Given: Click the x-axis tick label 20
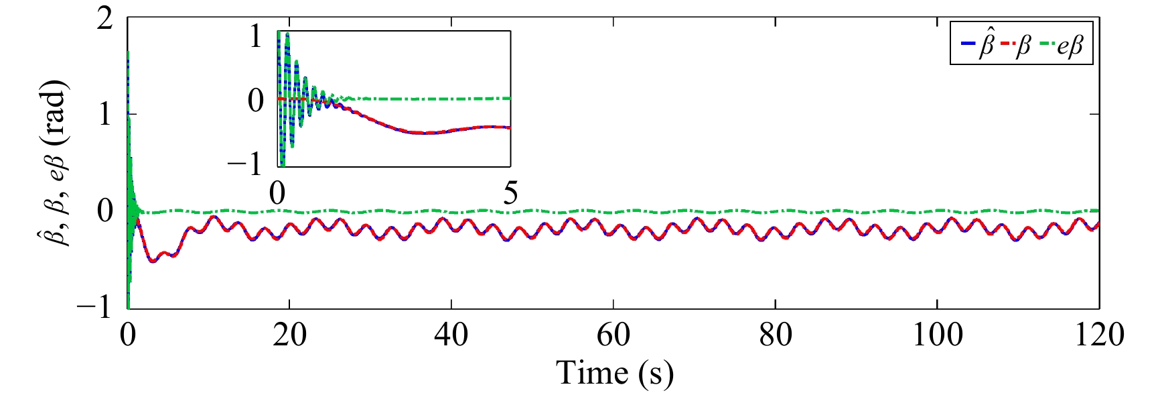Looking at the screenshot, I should tap(289, 335).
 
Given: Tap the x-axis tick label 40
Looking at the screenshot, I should tap(451, 335).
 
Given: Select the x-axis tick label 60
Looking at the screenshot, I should tap(613, 335).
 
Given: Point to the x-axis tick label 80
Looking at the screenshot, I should tap(776, 335).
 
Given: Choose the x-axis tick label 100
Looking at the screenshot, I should tap(938, 335).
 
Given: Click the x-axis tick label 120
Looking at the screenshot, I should tap(1099, 335).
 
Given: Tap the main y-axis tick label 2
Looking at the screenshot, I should tap(105, 18).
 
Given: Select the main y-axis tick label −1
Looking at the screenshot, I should tap(96, 308).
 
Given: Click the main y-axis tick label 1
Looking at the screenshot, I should tap(105, 115).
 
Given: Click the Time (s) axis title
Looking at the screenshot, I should tap(614, 373).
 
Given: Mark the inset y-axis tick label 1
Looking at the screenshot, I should tap(256, 36).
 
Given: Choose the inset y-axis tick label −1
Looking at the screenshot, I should tap(246, 164).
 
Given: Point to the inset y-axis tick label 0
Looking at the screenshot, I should tap(256, 101).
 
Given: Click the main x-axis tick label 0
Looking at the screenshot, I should tap(127, 335).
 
